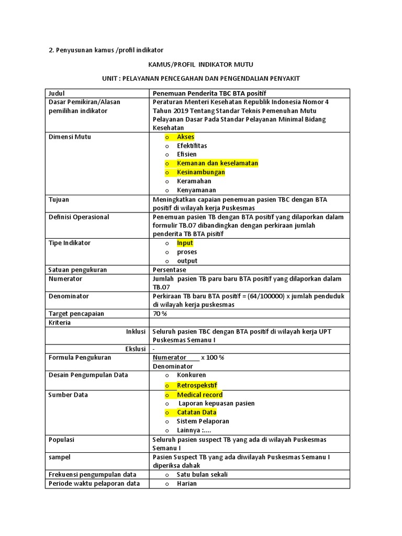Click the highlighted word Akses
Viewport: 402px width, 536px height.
(185, 137)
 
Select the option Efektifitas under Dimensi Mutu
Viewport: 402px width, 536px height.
(192, 146)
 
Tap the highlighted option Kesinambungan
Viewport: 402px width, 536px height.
(200, 172)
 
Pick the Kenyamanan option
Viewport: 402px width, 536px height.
(196, 190)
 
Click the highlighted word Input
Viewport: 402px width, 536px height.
(185, 243)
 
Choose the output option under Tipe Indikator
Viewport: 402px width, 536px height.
(187, 261)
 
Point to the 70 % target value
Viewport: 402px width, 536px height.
(160, 314)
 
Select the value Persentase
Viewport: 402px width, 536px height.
(169, 270)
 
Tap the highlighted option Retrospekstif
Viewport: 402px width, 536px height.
(197, 386)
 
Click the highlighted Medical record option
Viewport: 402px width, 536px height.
(199, 395)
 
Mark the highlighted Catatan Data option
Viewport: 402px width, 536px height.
(196, 412)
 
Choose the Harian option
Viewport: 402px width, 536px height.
(186, 484)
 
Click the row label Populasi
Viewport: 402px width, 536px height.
(61, 440)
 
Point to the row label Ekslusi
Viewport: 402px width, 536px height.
(136, 349)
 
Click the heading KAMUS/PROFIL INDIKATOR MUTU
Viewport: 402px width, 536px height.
(201, 64)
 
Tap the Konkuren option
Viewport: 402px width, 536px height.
(191, 375)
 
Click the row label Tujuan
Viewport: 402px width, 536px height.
(59, 199)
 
